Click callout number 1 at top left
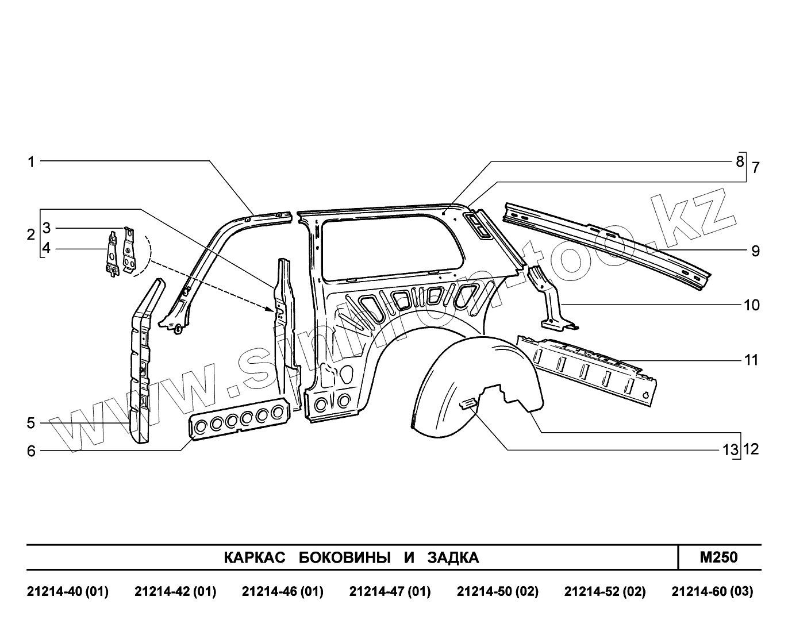coord(31,162)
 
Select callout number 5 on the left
coord(31,424)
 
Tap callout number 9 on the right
coord(755,251)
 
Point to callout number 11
coord(751,360)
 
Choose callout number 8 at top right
coord(740,161)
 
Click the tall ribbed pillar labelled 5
coord(140,362)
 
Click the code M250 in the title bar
coord(719,557)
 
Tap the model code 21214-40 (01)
coord(68,591)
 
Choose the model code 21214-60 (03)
coord(712,591)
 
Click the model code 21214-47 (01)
coord(390,591)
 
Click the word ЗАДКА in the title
coord(453,557)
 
